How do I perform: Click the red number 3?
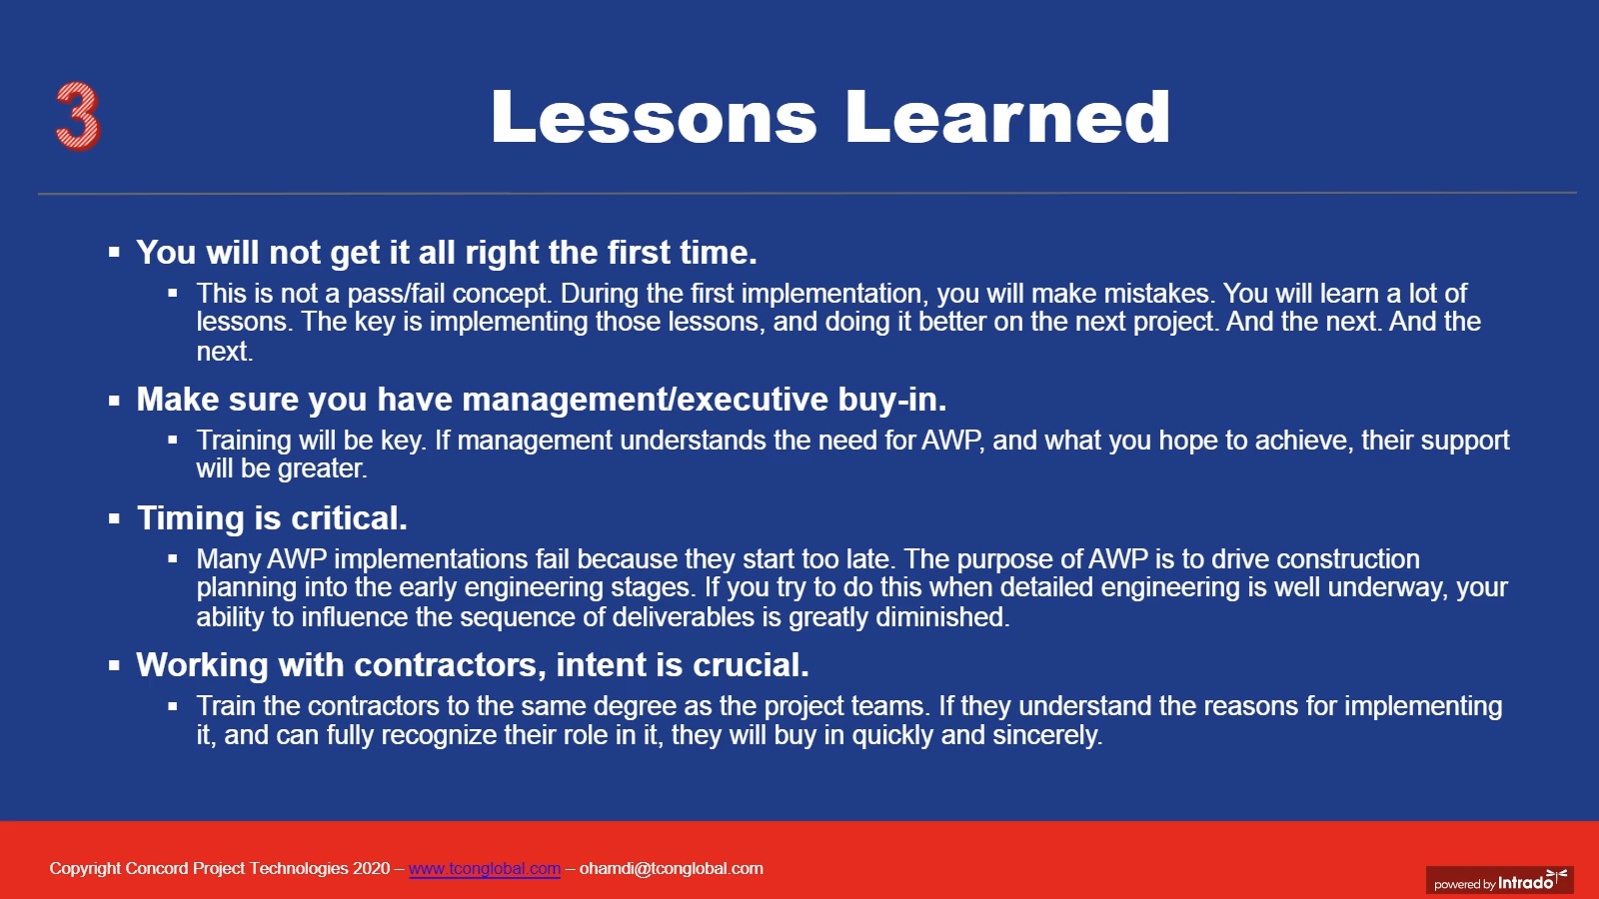click(78, 116)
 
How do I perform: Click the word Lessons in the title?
click(654, 117)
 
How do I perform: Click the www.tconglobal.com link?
click(484, 868)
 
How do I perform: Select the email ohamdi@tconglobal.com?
click(671, 868)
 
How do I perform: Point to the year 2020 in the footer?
click(371, 868)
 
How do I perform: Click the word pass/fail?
click(396, 294)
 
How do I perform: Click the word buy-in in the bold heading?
click(892, 399)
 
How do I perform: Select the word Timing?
click(191, 518)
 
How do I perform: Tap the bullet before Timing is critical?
click(114, 518)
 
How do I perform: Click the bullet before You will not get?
click(114, 252)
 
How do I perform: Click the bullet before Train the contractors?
click(173, 706)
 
